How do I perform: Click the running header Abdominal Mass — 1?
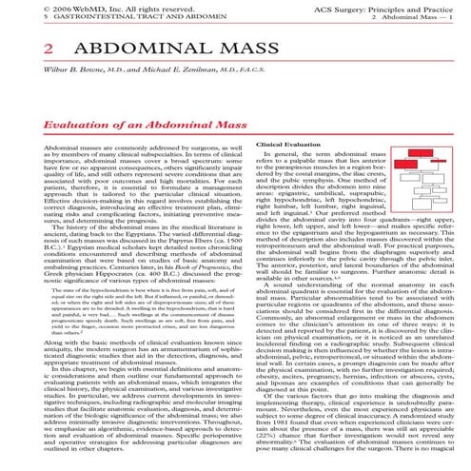(430, 17)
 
